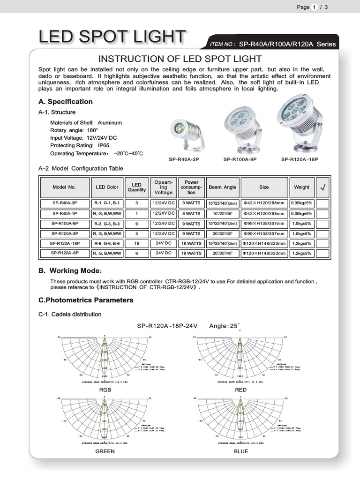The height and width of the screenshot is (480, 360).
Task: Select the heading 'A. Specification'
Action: (x=65, y=102)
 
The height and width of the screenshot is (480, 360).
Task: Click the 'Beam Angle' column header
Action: (x=223, y=187)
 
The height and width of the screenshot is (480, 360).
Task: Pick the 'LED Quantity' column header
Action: (x=136, y=187)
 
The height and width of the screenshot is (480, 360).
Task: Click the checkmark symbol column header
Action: (x=322, y=187)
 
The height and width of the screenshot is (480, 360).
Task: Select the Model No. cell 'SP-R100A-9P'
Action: (x=65, y=224)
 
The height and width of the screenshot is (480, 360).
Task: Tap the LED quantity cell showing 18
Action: (x=136, y=243)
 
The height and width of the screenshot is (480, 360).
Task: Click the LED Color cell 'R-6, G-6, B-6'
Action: (x=107, y=243)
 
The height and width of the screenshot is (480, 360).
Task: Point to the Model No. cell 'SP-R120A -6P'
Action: (x=65, y=253)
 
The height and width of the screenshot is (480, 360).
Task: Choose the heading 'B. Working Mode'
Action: (x=70, y=271)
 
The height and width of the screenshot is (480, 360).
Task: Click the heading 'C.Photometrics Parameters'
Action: (x=86, y=300)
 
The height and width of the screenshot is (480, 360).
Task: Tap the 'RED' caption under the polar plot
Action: (x=240, y=390)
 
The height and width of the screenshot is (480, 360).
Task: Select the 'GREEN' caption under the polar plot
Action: (x=105, y=451)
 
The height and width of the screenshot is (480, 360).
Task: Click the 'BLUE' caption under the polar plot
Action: (x=240, y=451)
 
